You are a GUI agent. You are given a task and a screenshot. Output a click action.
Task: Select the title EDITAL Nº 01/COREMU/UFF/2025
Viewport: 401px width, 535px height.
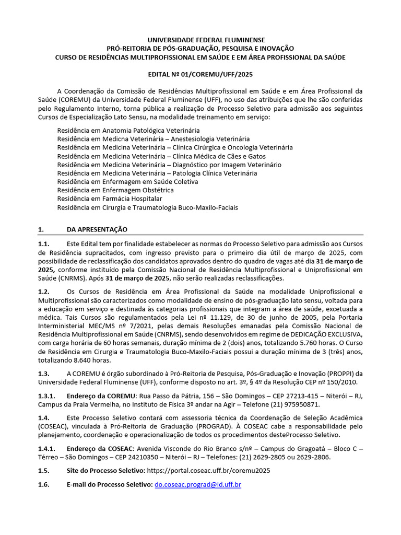[x=200, y=75]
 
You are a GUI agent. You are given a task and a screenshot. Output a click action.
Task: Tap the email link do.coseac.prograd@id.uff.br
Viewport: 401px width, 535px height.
[x=198, y=484]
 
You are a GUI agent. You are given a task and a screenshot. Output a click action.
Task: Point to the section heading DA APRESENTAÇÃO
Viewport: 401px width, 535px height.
[x=97, y=229]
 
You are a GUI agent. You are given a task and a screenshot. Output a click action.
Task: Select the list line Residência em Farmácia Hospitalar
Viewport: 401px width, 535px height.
[x=110, y=199]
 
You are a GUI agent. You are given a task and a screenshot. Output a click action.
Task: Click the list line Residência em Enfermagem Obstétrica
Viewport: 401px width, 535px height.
[x=115, y=190]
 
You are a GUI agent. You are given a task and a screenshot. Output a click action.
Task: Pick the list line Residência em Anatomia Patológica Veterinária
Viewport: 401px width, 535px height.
[x=128, y=130]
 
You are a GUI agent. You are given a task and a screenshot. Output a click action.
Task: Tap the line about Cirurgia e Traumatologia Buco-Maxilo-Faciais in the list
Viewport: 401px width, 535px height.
[x=147, y=207]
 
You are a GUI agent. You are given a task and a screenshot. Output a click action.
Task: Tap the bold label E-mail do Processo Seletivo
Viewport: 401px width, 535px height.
[x=110, y=484]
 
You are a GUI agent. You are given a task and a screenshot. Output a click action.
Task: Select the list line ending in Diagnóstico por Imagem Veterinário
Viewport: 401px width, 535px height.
[x=169, y=165]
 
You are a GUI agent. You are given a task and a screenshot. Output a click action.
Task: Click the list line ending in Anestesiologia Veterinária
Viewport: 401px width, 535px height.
[x=154, y=139]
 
